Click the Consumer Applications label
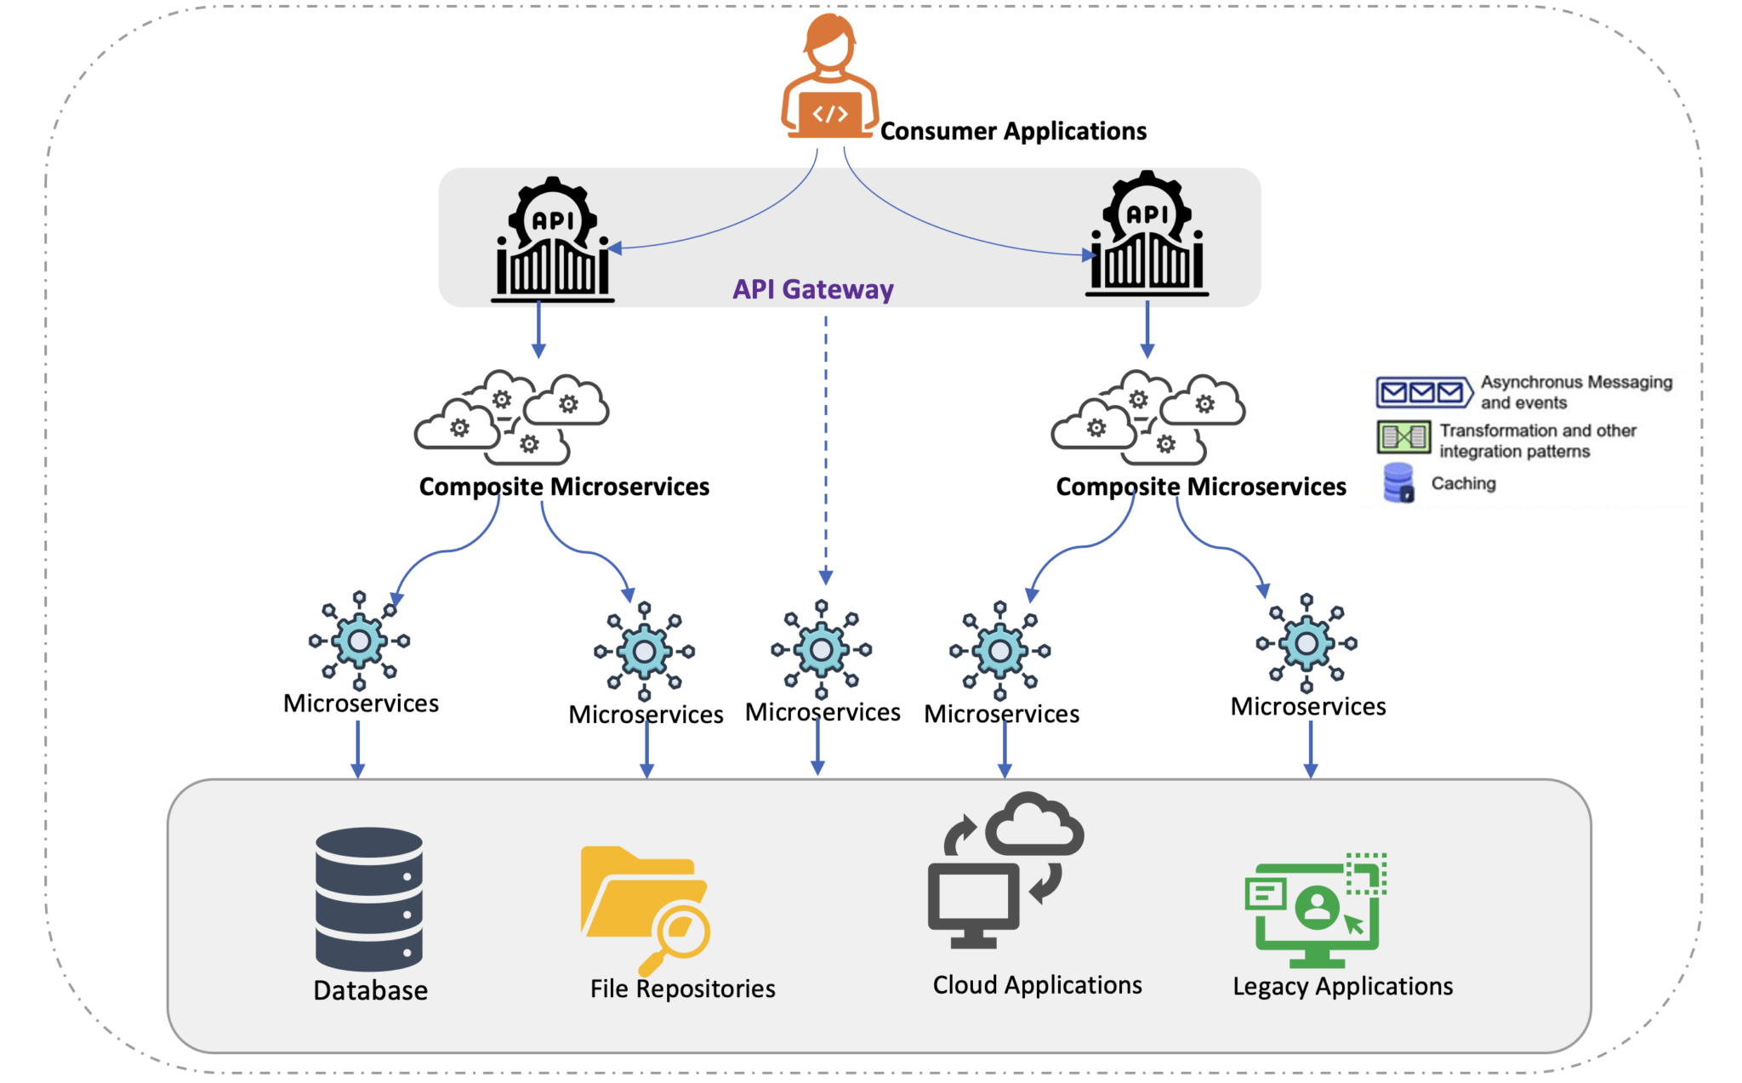[x=1012, y=131]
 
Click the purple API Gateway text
[x=812, y=289]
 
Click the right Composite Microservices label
[x=1200, y=487]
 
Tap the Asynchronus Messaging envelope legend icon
[x=1423, y=392]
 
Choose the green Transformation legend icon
[x=1403, y=437]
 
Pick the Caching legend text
[x=1463, y=483]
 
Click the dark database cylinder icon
[x=368, y=898]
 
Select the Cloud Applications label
[x=1037, y=984]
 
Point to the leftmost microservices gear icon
[x=359, y=641]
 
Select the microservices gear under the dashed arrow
[x=821, y=650]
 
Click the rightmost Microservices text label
[x=1307, y=706]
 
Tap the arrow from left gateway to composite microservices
[x=538, y=330]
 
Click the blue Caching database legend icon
[x=1398, y=482]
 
